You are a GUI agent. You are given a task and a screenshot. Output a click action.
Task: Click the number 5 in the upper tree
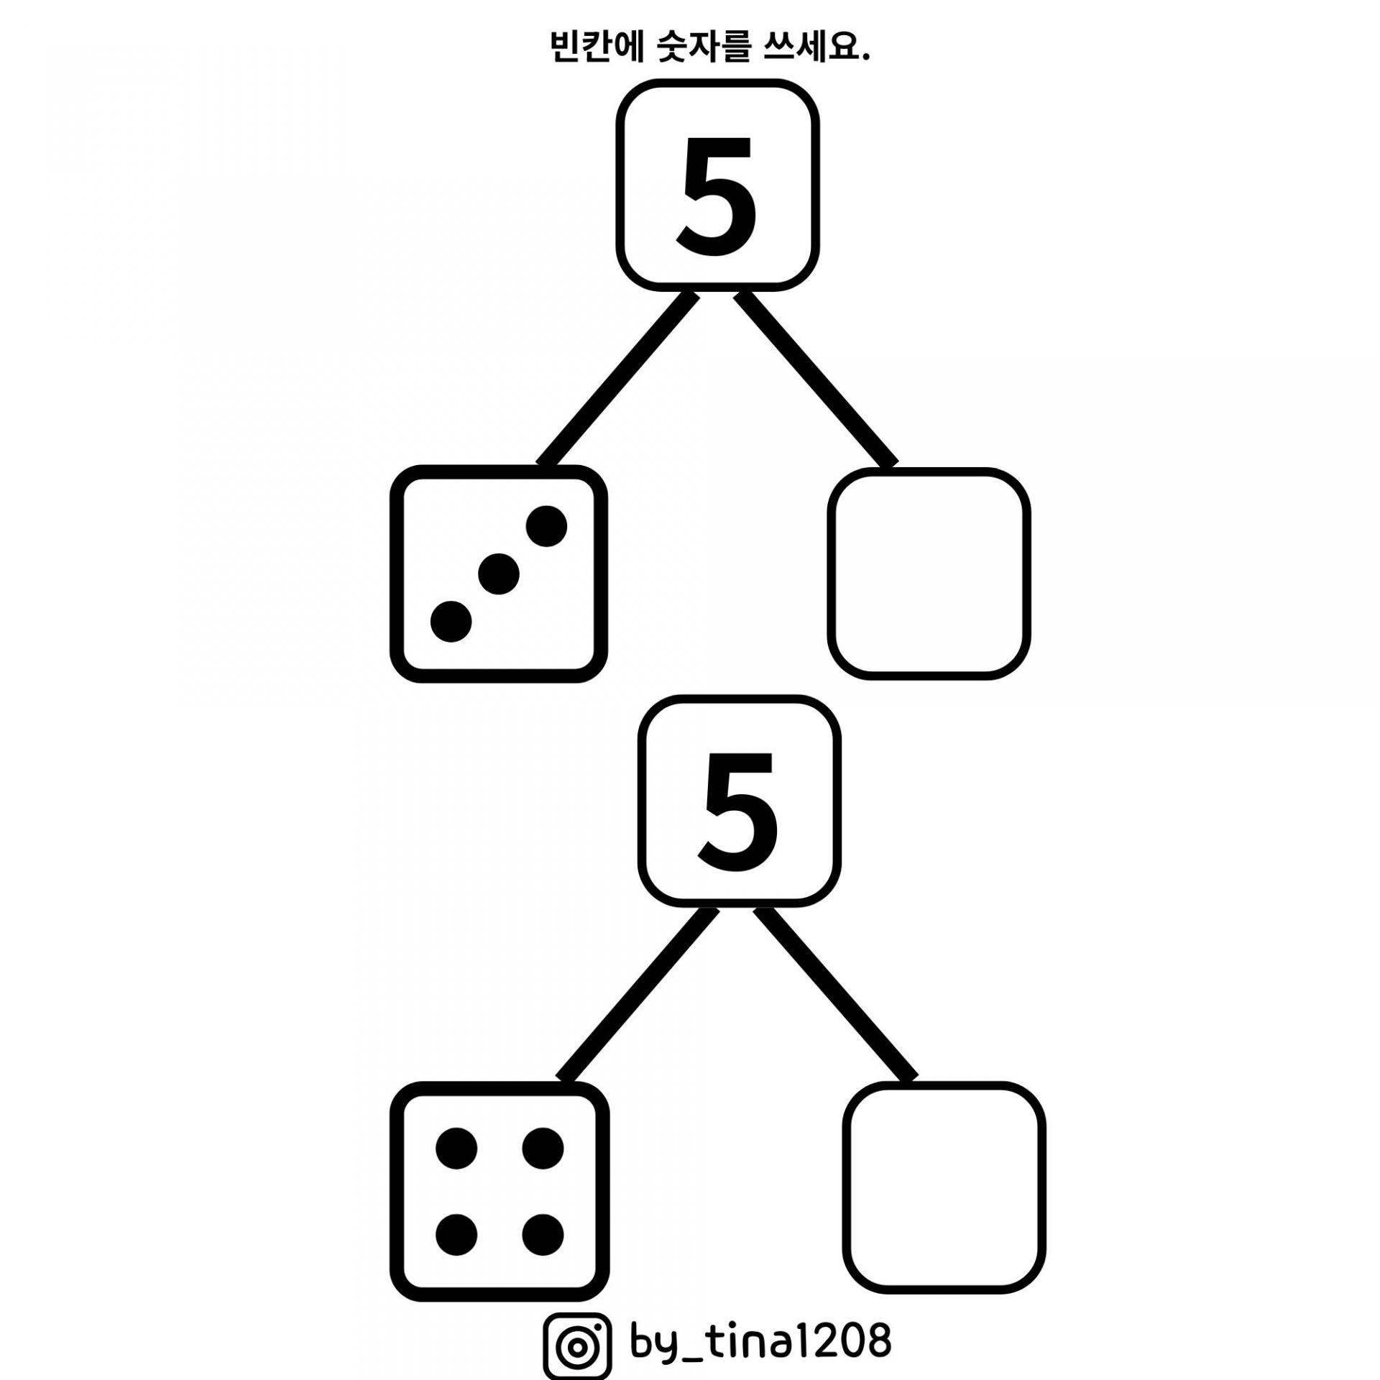[717, 195]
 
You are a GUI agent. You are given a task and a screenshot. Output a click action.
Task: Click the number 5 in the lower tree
[739, 811]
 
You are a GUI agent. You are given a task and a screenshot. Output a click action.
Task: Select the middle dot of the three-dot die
[499, 574]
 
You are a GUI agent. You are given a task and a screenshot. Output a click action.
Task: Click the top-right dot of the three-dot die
[546, 526]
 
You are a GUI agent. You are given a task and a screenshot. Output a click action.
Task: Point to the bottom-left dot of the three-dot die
[451, 622]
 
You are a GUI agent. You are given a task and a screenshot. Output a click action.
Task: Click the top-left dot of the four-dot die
[456, 1149]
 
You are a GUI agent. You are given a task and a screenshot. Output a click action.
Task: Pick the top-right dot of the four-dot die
[543, 1149]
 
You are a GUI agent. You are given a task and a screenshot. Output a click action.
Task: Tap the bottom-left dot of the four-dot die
[456, 1235]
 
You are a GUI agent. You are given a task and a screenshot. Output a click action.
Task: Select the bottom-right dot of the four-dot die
[543, 1235]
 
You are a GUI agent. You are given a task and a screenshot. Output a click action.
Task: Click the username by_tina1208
[760, 1338]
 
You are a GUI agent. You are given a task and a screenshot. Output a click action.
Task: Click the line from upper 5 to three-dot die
[618, 379]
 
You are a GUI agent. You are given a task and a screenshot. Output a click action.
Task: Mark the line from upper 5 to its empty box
[816, 379]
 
